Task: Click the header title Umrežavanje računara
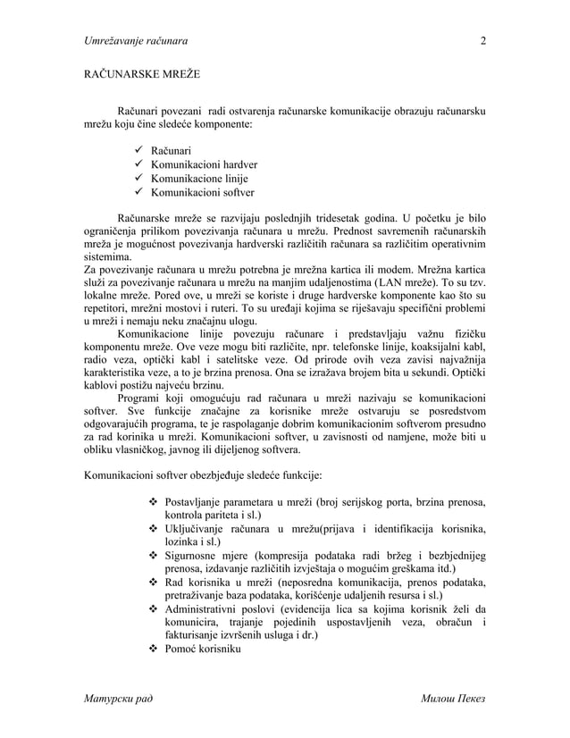coord(136,40)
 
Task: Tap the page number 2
coord(482,40)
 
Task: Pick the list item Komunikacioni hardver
coord(204,164)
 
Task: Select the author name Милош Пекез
coord(453,697)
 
